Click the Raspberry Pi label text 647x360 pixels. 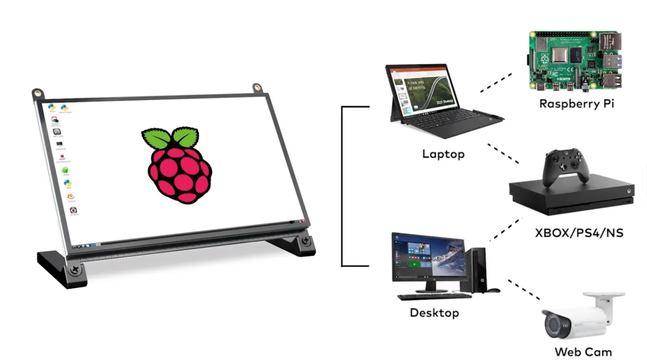(576, 104)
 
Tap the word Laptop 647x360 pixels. (443, 154)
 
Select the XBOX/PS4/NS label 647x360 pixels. (579, 232)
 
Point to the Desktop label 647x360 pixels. (434, 313)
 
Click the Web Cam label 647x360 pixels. (583, 352)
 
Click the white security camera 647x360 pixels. (582, 316)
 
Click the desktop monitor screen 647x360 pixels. (428, 257)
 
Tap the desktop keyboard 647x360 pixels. (434, 296)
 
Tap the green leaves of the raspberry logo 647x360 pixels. (170, 138)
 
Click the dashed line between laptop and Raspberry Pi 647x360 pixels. (496, 82)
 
